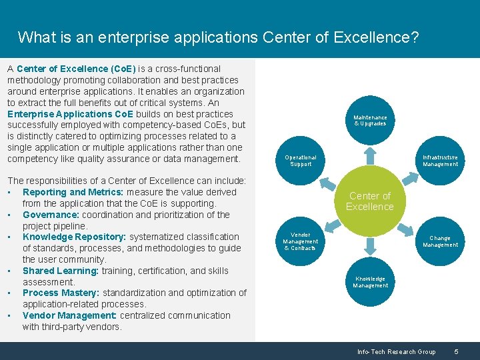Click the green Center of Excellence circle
[369, 201]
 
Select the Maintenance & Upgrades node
[370, 121]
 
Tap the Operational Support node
[300, 161]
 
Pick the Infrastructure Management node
[440, 161]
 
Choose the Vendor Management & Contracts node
[301, 241]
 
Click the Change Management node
[440, 241]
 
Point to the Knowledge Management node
[370, 282]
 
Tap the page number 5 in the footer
[456, 351]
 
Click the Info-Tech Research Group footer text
[396, 351]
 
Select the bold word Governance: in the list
[51, 215]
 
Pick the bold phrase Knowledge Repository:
[75, 237]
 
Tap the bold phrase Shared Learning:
[60, 271]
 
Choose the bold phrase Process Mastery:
[60, 293]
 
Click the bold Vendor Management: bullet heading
[69, 315]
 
